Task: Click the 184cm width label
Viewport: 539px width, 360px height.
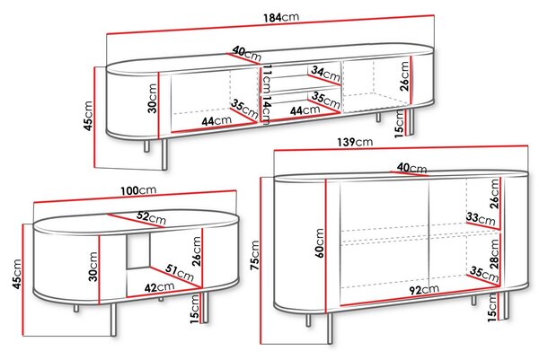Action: pos(281,17)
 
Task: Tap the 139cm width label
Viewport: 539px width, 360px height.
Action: pos(355,142)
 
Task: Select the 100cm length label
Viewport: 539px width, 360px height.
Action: pos(138,190)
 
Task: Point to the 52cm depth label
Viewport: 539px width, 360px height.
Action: pos(151,218)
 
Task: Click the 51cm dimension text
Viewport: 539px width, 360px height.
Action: pos(180,272)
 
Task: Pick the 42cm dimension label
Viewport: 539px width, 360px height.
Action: pos(159,287)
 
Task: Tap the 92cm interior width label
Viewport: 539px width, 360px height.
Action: pos(424,290)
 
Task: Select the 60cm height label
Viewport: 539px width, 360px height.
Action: pos(319,243)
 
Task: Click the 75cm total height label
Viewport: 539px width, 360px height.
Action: pos(255,255)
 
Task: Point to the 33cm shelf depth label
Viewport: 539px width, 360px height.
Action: pos(481,218)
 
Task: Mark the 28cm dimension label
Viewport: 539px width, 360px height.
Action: pos(494,254)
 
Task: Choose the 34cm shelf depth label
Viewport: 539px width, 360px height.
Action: pos(325,74)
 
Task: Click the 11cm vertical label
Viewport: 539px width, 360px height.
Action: pos(267,78)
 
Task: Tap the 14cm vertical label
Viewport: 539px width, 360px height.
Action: pos(266,110)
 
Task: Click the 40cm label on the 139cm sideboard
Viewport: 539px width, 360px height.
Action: pos(411,168)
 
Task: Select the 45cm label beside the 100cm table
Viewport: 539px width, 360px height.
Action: pos(17,274)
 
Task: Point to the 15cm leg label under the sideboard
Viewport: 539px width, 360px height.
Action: pos(492,307)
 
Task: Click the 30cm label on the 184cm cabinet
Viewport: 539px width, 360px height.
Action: pos(153,98)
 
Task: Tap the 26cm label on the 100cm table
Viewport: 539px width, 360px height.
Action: pos(196,251)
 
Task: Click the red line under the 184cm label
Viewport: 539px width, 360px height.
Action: pos(270,25)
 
